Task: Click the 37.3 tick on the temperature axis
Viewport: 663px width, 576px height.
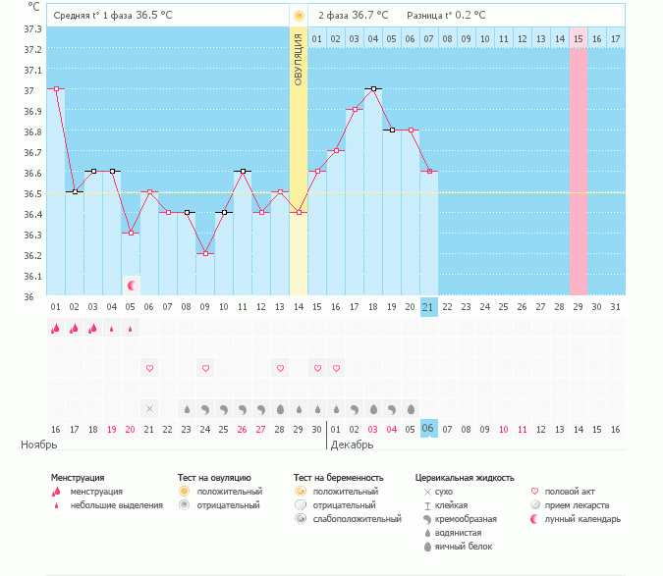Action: [32, 29]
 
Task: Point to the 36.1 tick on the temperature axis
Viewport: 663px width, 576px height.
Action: [32, 276]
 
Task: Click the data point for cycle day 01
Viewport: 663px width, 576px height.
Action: [56, 88]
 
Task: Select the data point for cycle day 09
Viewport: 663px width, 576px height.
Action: [205, 253]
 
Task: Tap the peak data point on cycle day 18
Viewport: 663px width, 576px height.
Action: [372, 88]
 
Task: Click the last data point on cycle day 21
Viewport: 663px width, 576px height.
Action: [428, 171]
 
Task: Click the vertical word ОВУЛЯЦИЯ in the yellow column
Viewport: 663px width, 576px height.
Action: [299, 59]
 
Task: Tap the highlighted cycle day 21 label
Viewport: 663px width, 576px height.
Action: [428, 307]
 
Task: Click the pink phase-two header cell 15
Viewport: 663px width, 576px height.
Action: [578, 38]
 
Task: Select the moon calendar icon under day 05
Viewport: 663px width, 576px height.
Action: [131, 286]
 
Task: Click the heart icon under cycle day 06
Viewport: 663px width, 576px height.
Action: [149, 368]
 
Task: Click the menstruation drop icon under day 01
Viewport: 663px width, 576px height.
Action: [56, 329]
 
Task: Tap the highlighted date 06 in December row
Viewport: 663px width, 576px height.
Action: [428, 429]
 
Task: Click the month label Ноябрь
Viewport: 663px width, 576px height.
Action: [40, 445]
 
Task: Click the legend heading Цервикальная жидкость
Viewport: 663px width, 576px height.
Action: [465, 478]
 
